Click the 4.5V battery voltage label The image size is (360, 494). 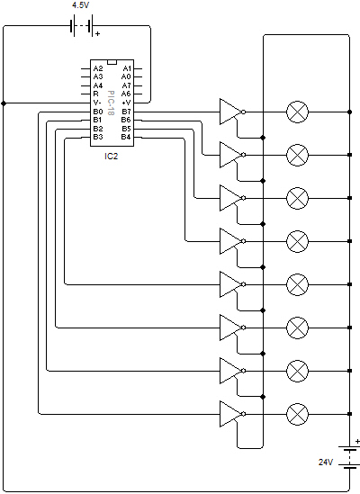(81, 5)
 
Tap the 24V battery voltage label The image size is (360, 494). (326, 463)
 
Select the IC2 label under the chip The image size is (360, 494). (112, 157)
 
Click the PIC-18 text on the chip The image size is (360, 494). (111, 103)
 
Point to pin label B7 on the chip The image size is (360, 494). (126, 112)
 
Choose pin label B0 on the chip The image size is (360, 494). (98, 112)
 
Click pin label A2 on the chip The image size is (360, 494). (98, 68)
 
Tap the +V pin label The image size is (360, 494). (126, 103)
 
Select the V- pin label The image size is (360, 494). (97, 103)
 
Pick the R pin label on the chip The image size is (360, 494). (95, 94)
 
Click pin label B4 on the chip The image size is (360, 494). (126, 137)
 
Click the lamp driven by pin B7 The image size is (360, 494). (297, 112)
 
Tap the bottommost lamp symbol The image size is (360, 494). (297, 414)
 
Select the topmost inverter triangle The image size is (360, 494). (231, 112)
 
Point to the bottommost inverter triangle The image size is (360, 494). (231, 414)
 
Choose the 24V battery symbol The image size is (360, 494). (349, 457)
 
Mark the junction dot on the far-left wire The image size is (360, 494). (4, 103)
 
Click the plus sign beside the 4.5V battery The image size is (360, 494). (98, 33)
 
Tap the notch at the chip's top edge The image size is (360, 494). (112, 62)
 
